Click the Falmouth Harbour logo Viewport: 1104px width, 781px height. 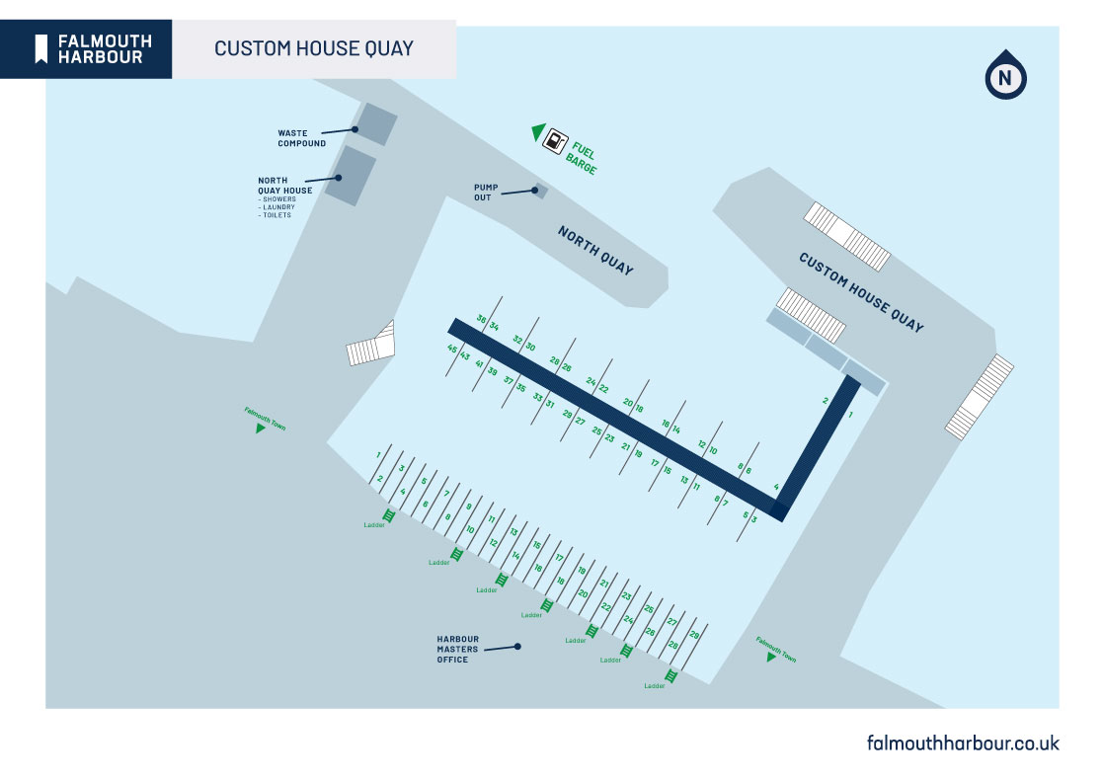94,48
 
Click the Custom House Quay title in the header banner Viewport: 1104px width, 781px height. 313,48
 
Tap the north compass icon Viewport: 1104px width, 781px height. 1005,75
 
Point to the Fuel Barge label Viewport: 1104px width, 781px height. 583,159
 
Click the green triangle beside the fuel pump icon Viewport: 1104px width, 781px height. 538,131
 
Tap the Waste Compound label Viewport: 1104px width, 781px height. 301,138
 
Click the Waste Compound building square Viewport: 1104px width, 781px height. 375,124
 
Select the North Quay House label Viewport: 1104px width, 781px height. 285,186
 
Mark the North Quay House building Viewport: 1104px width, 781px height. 351,176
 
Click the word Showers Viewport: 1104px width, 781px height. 279,199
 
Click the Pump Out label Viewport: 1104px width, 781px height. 486,192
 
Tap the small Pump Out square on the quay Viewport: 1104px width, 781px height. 539,191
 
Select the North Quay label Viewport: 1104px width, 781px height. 595,251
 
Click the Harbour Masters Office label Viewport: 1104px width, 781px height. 458,649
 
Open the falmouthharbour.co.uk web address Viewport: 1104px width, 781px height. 962,742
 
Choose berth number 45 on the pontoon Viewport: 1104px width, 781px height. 452,349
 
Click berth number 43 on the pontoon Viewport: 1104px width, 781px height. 465,355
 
